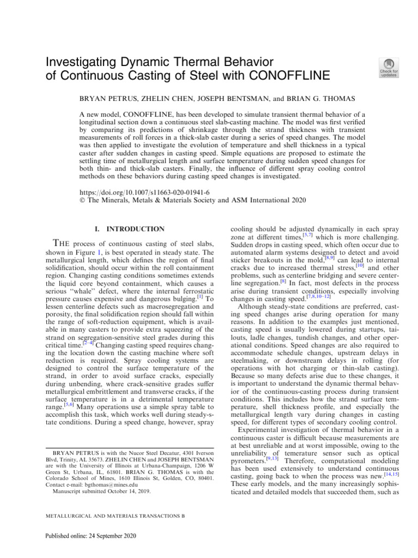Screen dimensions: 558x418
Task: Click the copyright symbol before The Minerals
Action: pos(83,201)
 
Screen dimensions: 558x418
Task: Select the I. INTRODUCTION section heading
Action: pos(128,229)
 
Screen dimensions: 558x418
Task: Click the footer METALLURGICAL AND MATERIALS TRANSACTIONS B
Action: pos(110,515)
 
